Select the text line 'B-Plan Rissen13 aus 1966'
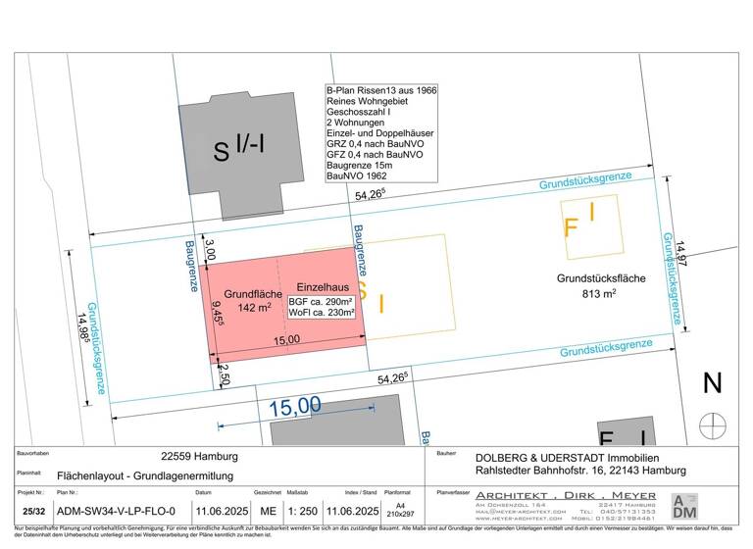pyautogui.click(x=381, y=90)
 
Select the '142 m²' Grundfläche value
pyautogui.click(x=253, y=307)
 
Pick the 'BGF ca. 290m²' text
pyautogui.click(x=321, y=301)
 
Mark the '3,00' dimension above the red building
pyautogui.click(x=208, y=249)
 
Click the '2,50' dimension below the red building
pyautogui.click(x=224, y=374)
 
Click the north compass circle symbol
pyautogui.click(x=713, y=425)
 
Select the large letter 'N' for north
pyautogui.click(x=713, y=383)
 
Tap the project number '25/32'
pyautogui.click(x=33, y=511)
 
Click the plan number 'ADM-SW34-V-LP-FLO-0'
pyautogui.click(x=117, y=511)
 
